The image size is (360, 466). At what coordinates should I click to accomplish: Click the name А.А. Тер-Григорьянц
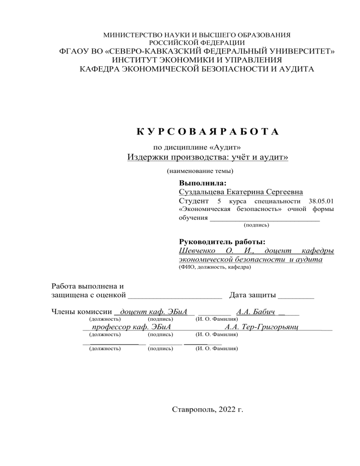click(262, 327)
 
